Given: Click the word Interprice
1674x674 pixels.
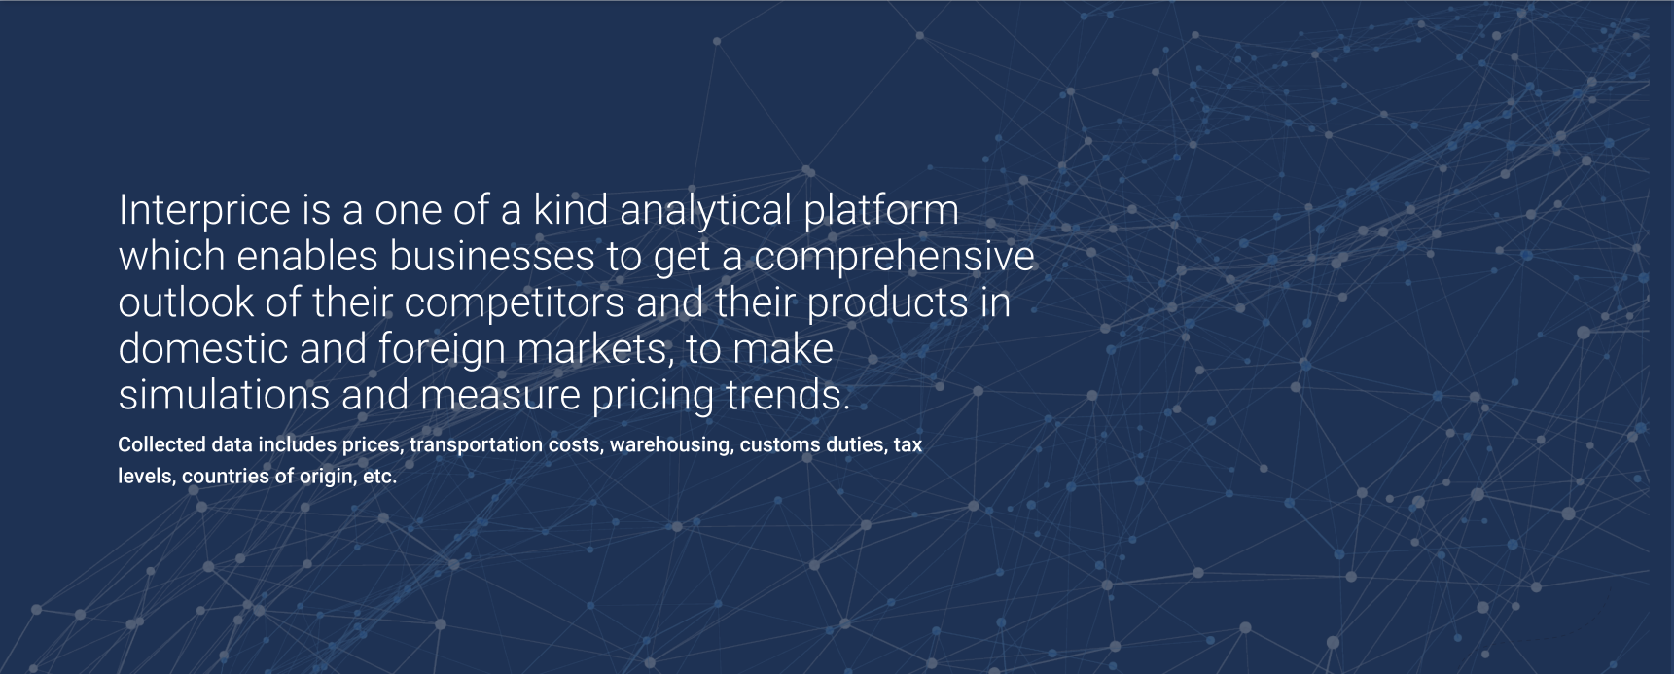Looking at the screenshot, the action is [x=204, y=211].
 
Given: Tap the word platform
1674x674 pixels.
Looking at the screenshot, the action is [x=881, y=211].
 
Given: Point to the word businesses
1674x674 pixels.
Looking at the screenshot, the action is [x=491, y=256].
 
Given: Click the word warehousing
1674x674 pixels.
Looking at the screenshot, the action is [x=671, y=445].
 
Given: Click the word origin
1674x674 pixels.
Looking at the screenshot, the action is [x=326, y=477].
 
